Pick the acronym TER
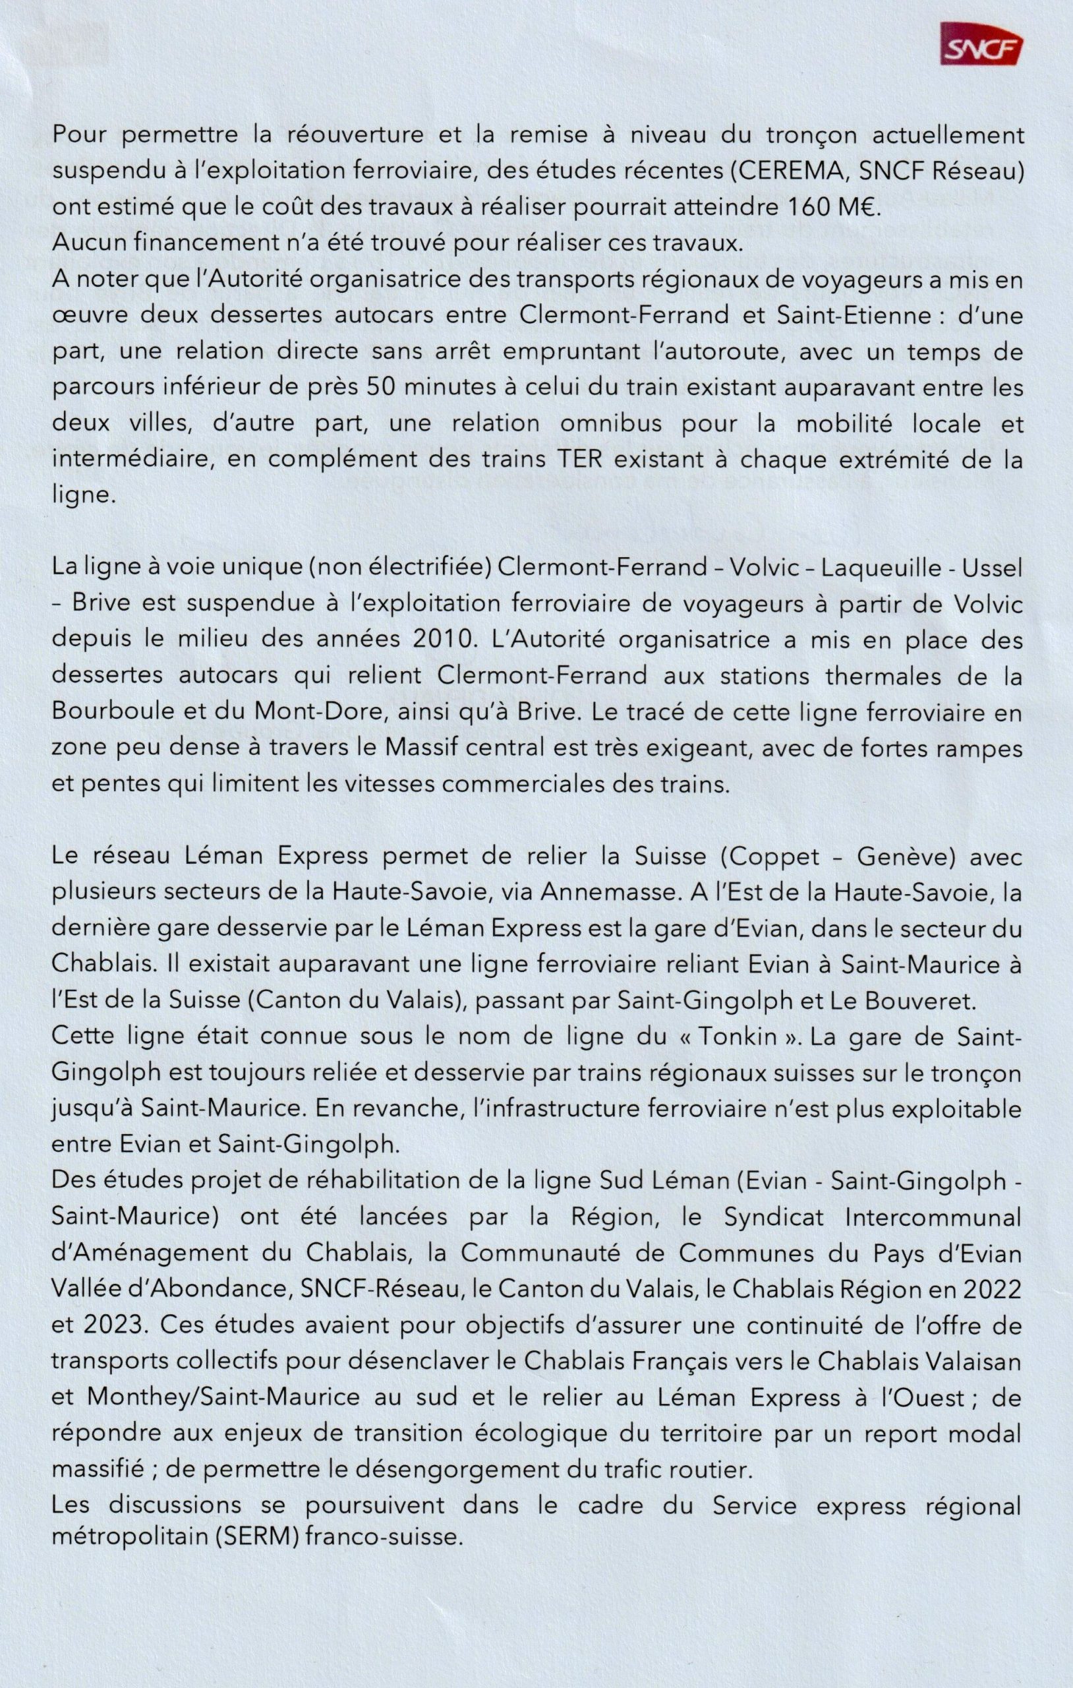point(579,460)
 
